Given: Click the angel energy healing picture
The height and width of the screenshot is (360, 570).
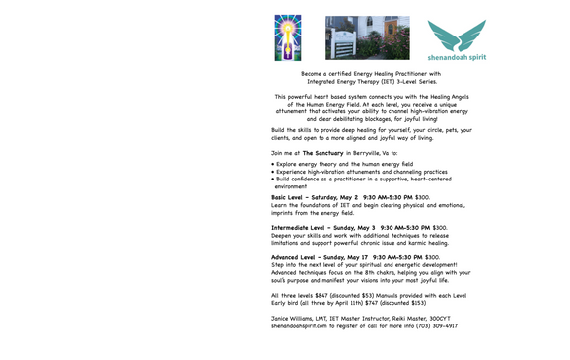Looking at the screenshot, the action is pyautogui.click(x=287, y=37).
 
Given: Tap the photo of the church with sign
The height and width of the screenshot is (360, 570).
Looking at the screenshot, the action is pyautogui.click(x=367, y=37).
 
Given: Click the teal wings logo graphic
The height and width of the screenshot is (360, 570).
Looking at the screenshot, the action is pyautogui.click(x=456, y=35).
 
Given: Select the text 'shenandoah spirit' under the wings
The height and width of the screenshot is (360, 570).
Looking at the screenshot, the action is pyautogui.click(x=457, y=58).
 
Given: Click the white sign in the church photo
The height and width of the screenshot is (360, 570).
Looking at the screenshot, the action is pyautogui.click(x=347, y=45).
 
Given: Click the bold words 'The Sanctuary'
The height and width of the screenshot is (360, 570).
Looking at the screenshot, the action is pyautogui.click(x=322, y=153).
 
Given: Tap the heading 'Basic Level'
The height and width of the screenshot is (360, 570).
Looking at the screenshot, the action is pyautogui.click(x=292, y=197).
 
